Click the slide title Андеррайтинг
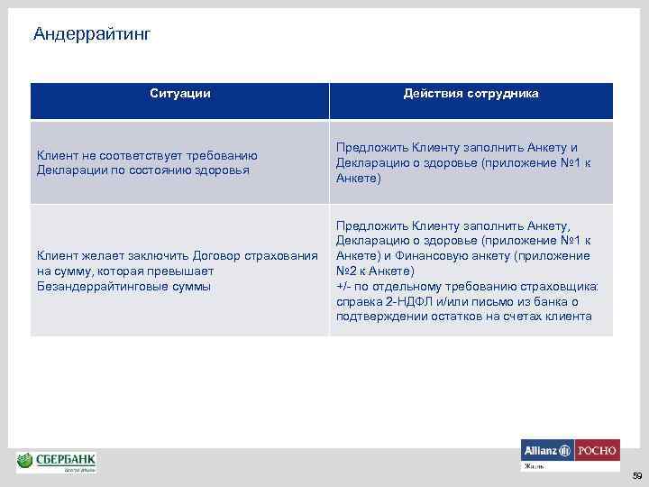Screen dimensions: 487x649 tap(91, 34)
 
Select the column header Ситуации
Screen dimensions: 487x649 tap(179, 93)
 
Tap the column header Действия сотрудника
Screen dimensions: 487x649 tap(471, 93)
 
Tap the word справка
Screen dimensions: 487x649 tap(358, 301)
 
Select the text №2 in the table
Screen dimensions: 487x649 tap(347, 271)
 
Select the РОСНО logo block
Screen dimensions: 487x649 tap(597, 450)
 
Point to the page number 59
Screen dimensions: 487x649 tap(635, 475)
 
